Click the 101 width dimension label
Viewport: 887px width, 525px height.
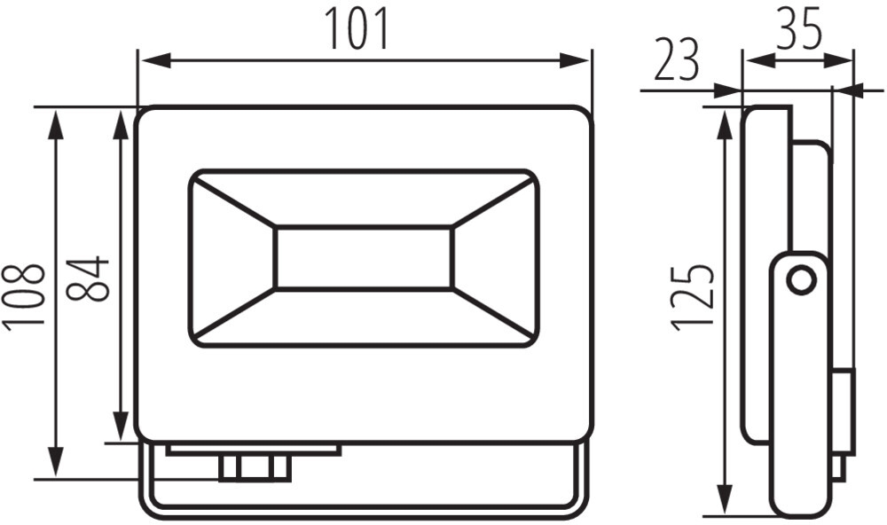[357, 29]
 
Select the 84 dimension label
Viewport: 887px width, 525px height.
[88, 278]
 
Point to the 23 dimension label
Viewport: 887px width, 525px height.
[677, 60]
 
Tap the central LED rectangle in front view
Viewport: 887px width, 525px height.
[365, 258]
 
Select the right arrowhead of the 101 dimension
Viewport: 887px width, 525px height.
[575, 60]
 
